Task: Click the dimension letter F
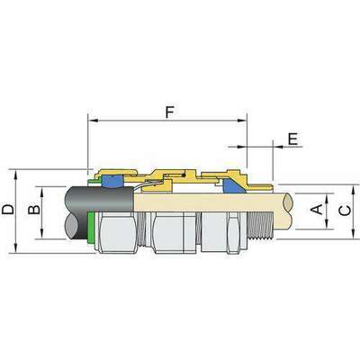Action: pyautogui.click(x=170, y=112)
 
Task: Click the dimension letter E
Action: pyautogui.click(x=292, y=139)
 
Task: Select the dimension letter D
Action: pyautogui.click(x=8, y=210)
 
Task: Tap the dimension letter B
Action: pyautogui.click(x=34, y=210)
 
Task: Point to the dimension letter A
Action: pyautogui.click(x=317, y=209)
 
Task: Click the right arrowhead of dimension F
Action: pyautogui.click(x=242, y=121)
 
